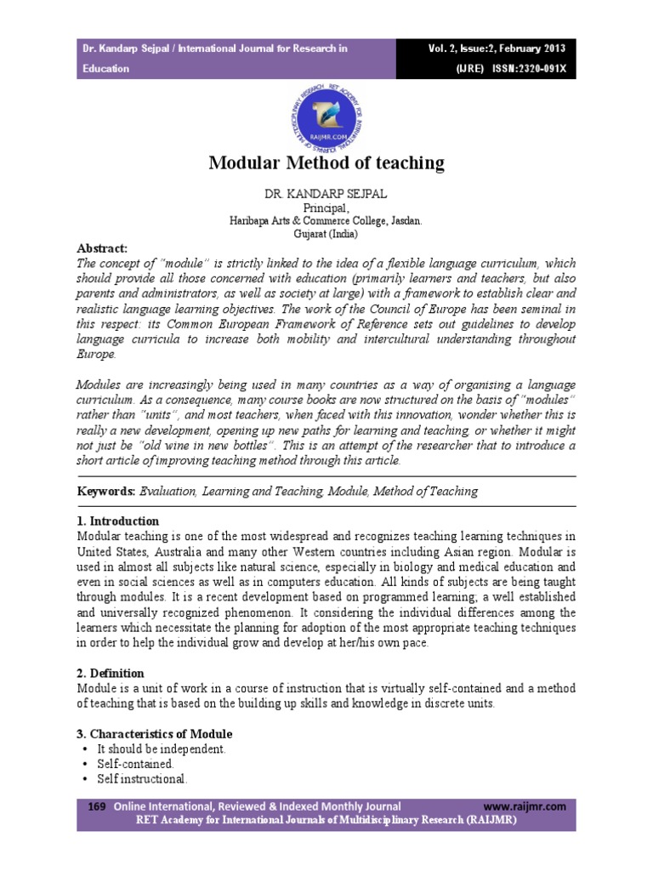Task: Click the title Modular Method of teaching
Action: (326, 162)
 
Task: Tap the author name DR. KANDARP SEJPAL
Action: (326, 194)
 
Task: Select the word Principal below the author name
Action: (326, 208)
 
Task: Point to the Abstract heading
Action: (101, 248)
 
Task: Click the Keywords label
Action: (105, 491)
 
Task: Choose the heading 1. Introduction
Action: (117, 521)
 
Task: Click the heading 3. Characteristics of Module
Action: (154, 733)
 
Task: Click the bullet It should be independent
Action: (161, 749)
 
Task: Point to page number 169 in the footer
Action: (96, 805)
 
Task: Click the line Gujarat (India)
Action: (326, 233)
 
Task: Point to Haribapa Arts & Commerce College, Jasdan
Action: (326, 220)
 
